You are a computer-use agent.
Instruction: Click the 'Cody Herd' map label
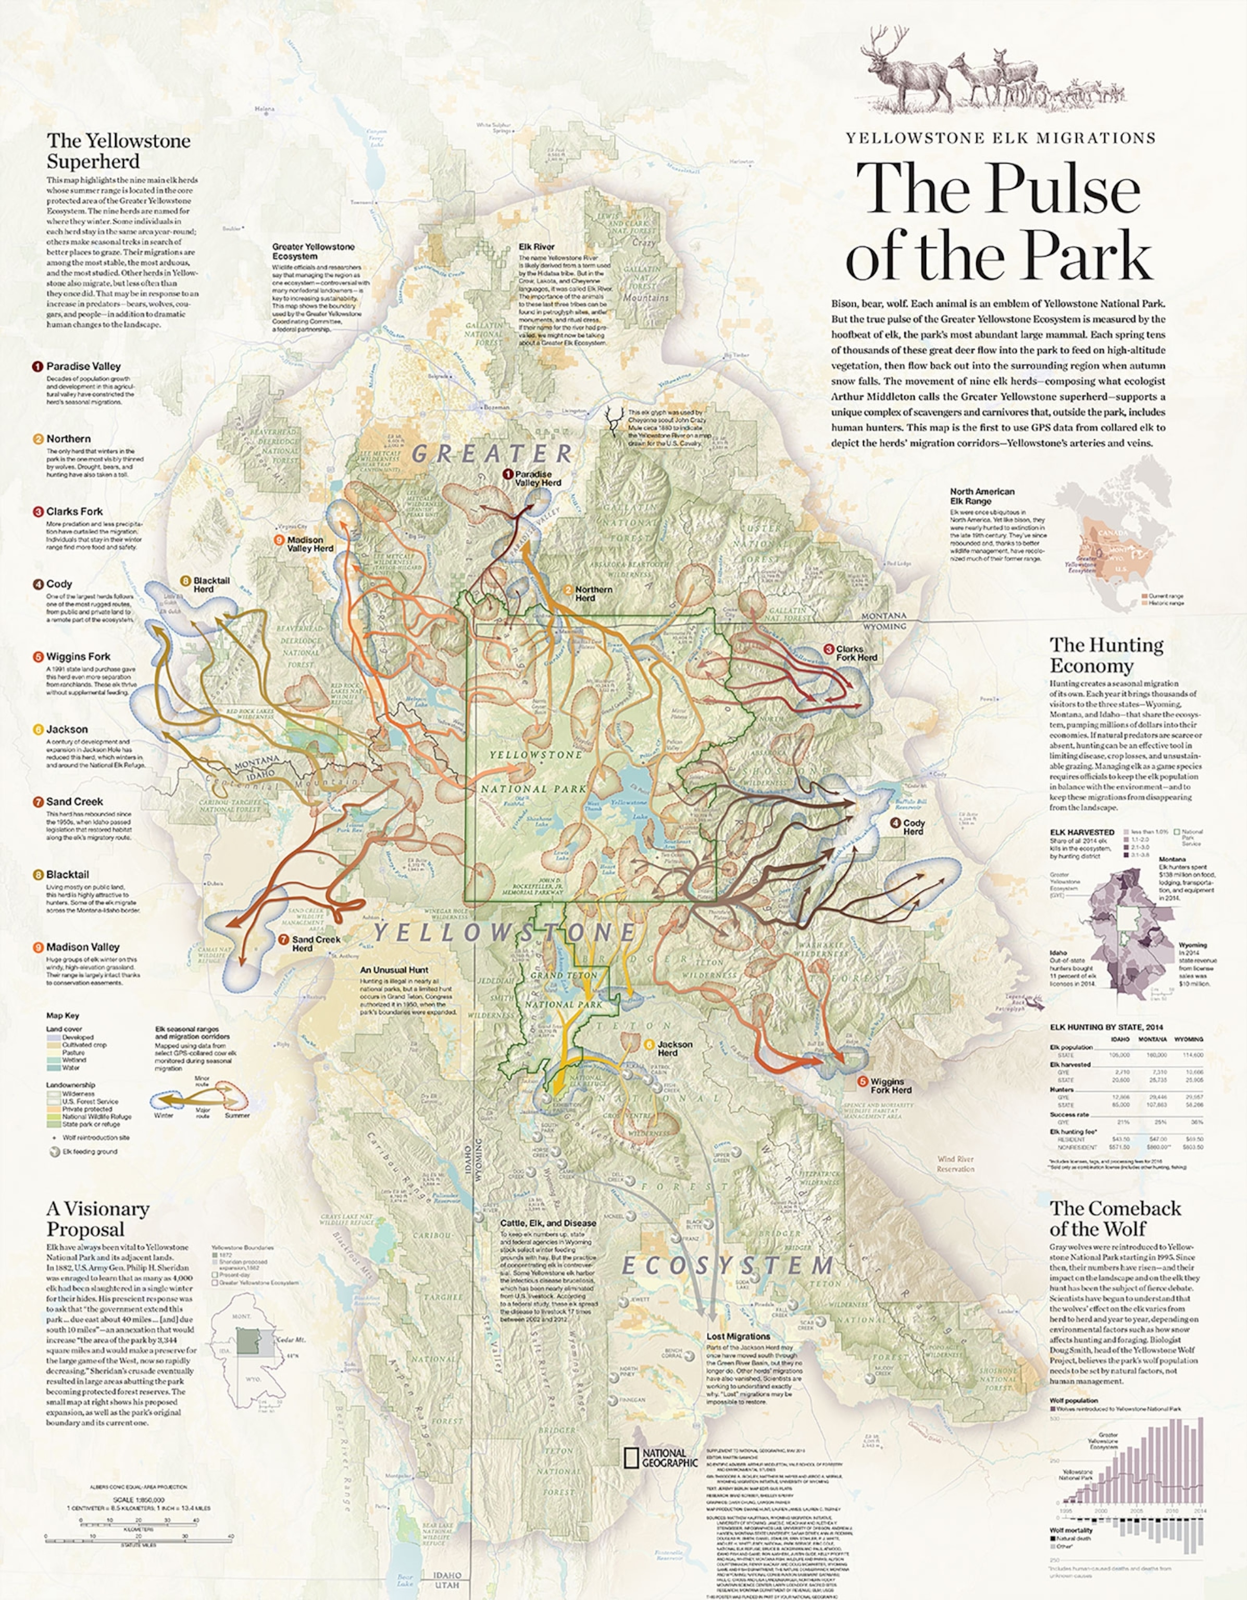[x=913, y=827]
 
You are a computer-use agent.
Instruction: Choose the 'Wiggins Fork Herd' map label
[x=890, y=1086]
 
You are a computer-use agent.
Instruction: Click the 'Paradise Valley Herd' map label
[x=537, y=479]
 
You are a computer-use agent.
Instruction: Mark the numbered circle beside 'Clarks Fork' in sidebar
[x=38, y=511]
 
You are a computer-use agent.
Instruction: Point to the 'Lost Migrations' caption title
[x=738, y=1336]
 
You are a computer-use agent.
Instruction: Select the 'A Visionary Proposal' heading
[x=97, y=1219]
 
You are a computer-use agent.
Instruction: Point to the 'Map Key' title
[x=63, y=1016]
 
